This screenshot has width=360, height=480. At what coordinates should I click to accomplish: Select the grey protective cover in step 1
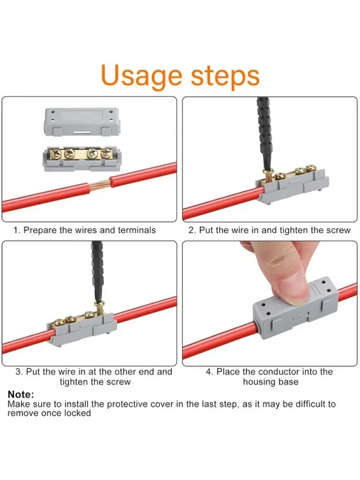[x=82, y=121]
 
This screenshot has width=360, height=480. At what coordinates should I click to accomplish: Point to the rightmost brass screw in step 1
[x=107, y=153]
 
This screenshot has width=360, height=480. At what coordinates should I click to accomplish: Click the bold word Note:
[x=21, y=394]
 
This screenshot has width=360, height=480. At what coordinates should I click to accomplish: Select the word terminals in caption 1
[x=137, y=230]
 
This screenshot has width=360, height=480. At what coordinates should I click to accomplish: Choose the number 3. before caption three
[x=20, y=372]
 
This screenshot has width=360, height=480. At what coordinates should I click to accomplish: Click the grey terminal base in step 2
[x=292, y=186]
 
